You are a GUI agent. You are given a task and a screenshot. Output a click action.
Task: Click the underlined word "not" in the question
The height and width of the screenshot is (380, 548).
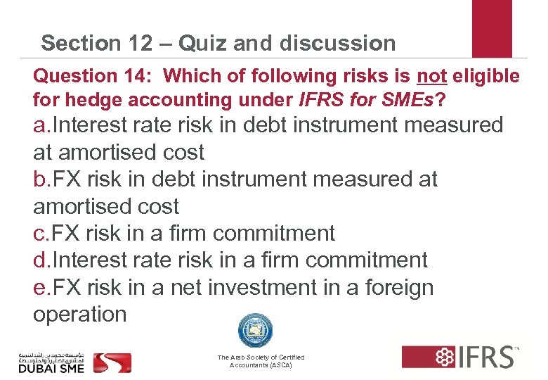coord(432,75)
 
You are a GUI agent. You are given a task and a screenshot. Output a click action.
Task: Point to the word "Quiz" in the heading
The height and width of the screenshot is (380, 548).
coord(203,44)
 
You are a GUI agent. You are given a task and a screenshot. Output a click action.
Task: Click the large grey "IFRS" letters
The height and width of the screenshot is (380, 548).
coord(485,357)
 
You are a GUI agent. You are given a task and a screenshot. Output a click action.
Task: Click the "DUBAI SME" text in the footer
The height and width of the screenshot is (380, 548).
coord(51,367)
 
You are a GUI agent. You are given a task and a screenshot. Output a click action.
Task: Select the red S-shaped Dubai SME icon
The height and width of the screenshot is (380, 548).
coord(112,362)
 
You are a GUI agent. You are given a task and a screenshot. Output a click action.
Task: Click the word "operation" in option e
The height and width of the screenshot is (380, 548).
coord(80,315)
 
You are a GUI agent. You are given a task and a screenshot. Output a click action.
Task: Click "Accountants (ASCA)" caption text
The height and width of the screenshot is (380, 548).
coord(261,366)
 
